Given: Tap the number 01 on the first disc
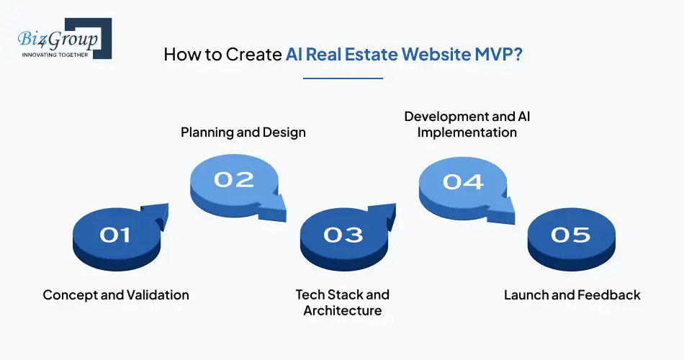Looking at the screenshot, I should point(115,234).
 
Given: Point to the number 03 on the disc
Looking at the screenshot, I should point(343,234).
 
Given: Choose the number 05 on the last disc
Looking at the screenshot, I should point(570,234).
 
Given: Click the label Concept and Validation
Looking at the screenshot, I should point(116,294).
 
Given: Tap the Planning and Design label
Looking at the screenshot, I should point(243,132).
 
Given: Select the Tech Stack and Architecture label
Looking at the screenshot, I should point(342,302).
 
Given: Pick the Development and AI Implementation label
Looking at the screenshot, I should point(467,124).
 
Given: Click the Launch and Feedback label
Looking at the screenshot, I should point(572,294).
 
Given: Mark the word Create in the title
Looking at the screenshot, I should point(258,55).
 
